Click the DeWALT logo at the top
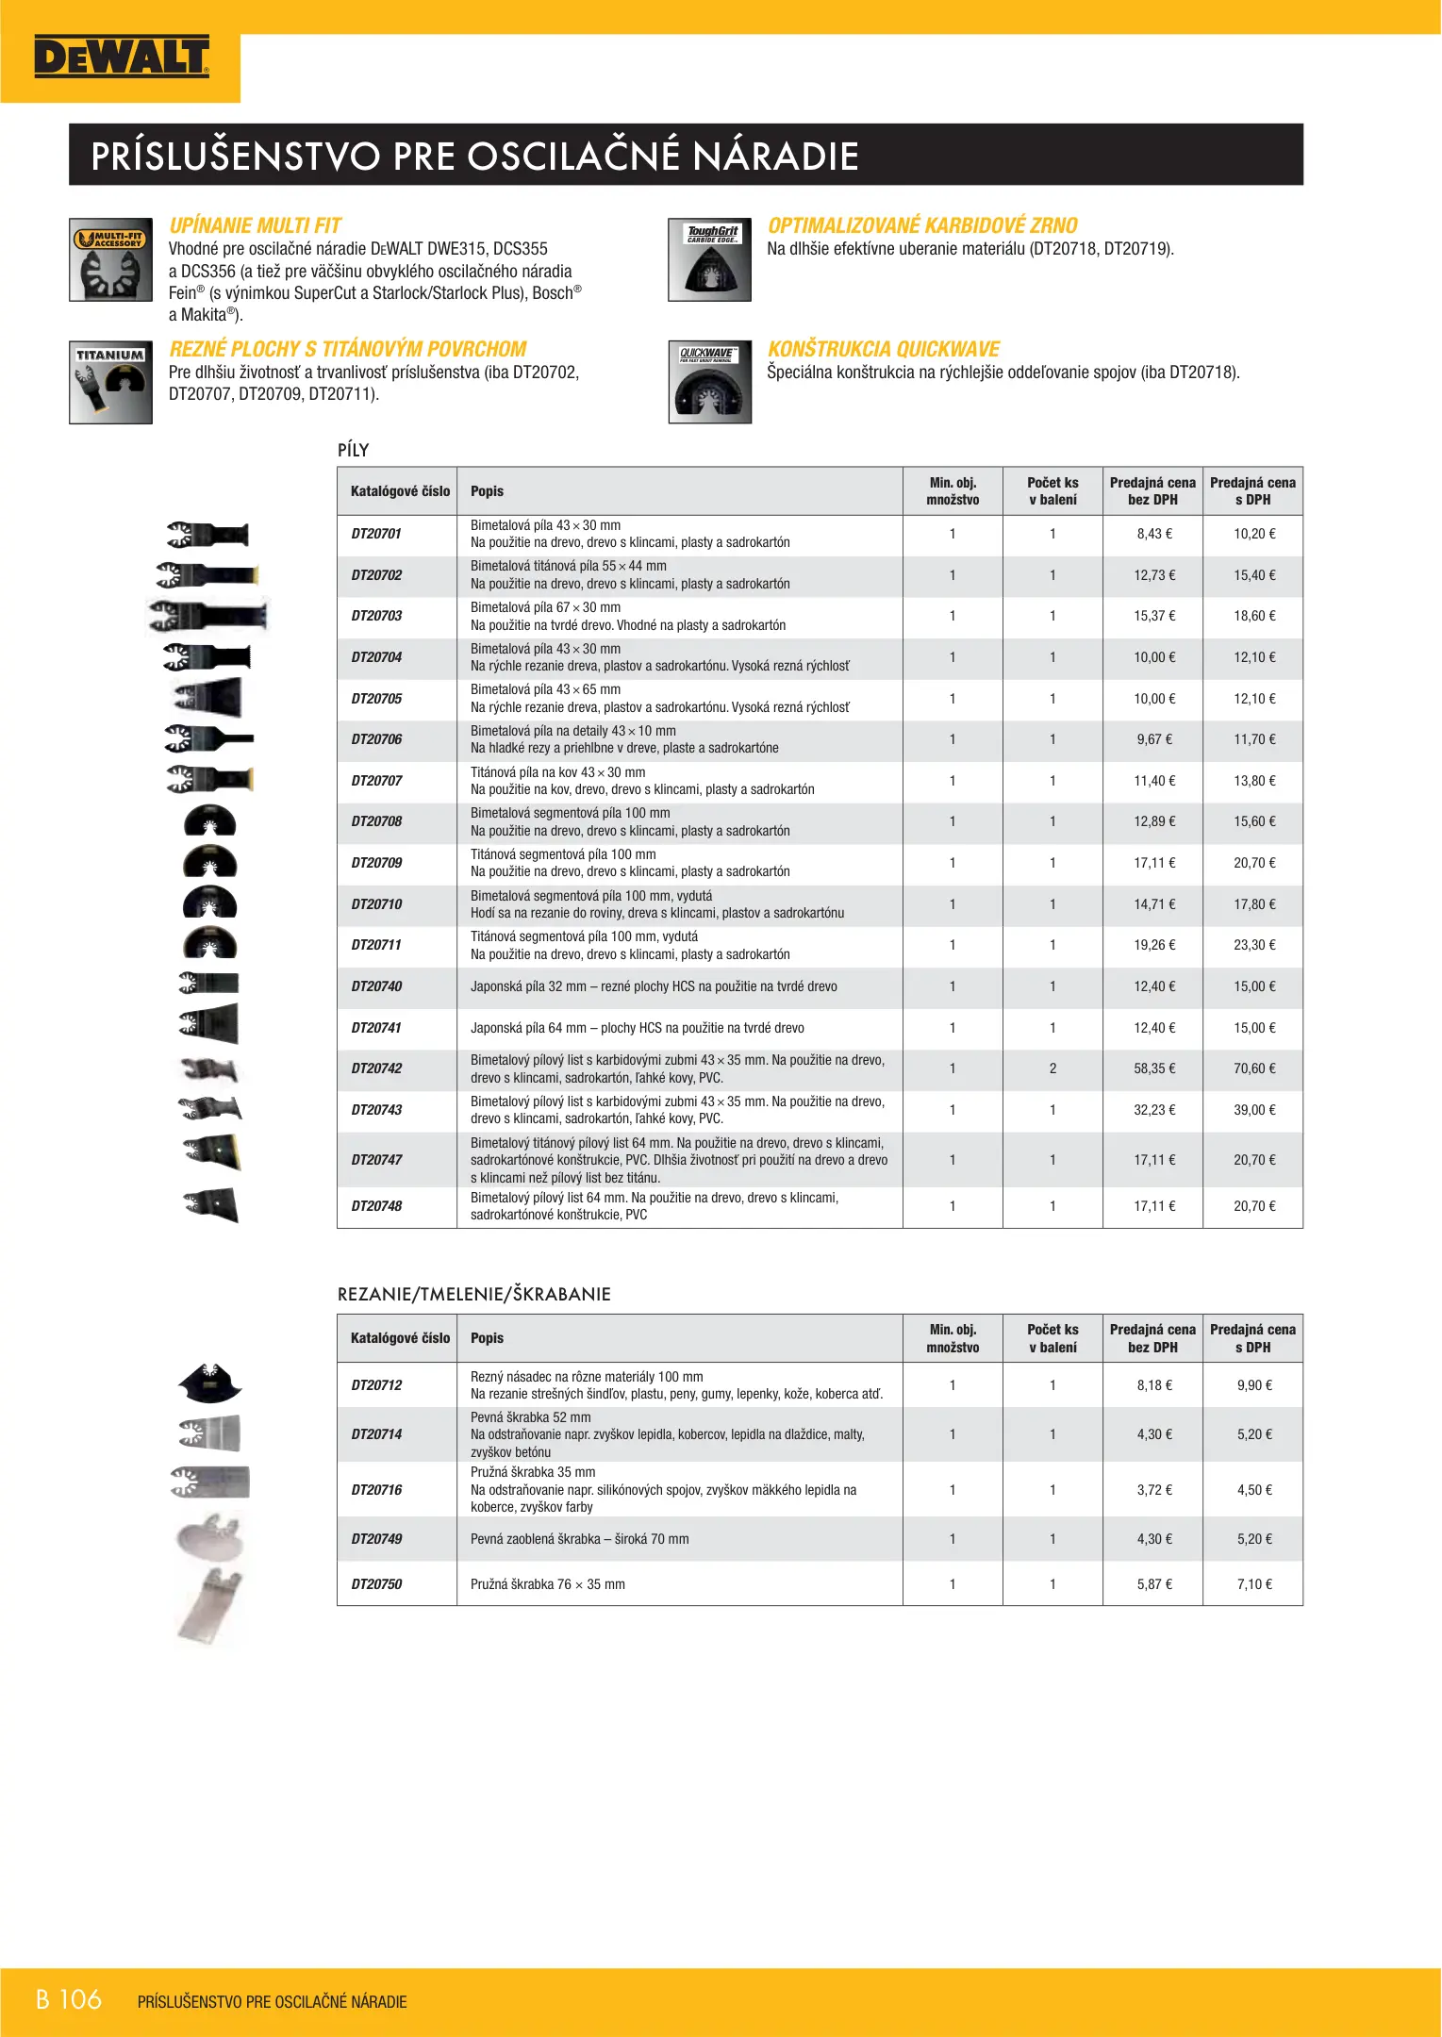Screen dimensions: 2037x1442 point(121,58)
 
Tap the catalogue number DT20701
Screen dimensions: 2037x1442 point(376,534)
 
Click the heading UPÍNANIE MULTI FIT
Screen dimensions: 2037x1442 point(255,225)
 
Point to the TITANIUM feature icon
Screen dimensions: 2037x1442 point(110,382)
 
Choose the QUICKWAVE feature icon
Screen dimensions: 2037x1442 point(709,382)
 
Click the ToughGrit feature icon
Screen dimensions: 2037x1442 point(709,259)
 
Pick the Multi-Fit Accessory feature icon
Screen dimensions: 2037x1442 point(110,259)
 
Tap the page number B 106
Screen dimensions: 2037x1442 point(69,1999)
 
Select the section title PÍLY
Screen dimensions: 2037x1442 point(354,450)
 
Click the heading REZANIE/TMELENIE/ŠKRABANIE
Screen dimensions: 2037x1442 point(473,1294)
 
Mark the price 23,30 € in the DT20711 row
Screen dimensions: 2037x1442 point(1254,945)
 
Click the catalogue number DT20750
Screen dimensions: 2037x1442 point(376,1584)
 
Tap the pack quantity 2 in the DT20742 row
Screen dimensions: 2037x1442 point(1052,1068)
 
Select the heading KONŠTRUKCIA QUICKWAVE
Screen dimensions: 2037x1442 point(883,349)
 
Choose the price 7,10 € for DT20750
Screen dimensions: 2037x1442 point(1254,1584)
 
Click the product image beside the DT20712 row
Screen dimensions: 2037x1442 point(209,1383)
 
